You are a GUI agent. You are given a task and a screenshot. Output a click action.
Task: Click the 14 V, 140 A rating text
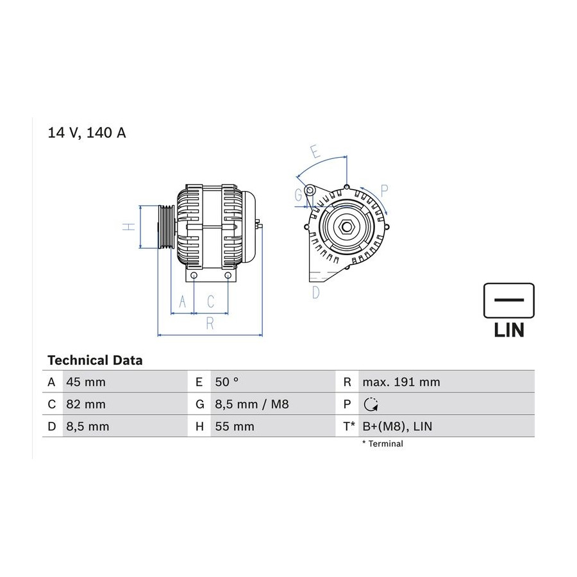tap(87, 133)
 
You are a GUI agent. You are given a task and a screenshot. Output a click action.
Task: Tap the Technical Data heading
tap(95, 360)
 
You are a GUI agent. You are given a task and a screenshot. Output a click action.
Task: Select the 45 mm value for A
tap(86, 382)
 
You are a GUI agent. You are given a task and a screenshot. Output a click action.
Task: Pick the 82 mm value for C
tap(86, 404)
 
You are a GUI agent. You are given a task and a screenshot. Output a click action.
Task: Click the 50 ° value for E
tap(227, 382)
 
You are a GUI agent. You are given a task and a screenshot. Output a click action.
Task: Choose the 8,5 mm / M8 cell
tap(252, 405)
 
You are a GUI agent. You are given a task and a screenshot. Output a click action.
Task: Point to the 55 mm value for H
tap(235, 426)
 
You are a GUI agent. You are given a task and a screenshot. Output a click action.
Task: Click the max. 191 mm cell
tap(401, 382)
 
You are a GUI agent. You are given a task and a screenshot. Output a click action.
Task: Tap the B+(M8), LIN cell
tap(397, 426)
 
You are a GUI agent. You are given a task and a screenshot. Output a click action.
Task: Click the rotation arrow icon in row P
tap(371, 405)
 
